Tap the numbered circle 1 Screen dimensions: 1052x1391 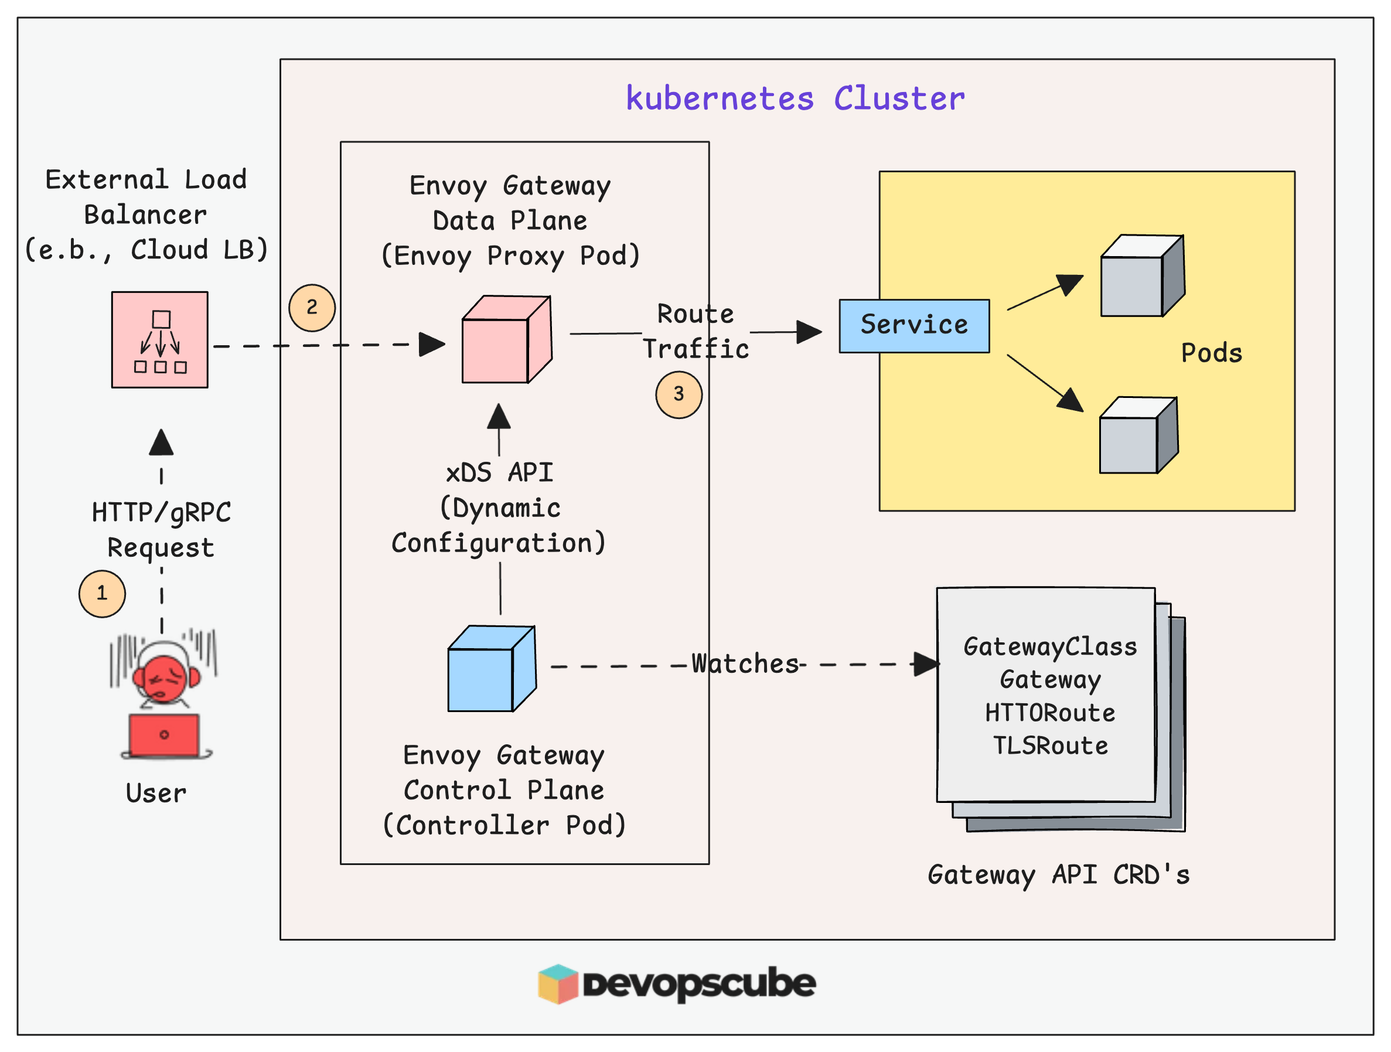pos(102,594)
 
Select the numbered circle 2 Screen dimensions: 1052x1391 pos(312,308)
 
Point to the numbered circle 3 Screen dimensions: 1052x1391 pos(679,394)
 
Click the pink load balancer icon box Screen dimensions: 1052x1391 pos(160,339)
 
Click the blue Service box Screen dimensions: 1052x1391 pos(913,326)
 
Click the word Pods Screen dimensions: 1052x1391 pos(1211,353)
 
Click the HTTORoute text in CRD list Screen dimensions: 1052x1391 pos(1049,713)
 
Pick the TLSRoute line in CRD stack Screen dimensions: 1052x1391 pos(1049,745)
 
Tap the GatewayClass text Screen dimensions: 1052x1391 pos(1049,647)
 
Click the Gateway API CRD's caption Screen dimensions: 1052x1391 pos(1058,874)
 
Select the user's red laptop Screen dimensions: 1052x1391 pos(164,735)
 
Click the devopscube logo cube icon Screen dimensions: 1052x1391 pos(558,983)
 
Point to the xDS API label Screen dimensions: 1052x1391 pos(499,473)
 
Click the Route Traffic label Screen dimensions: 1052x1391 pos(695,331)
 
